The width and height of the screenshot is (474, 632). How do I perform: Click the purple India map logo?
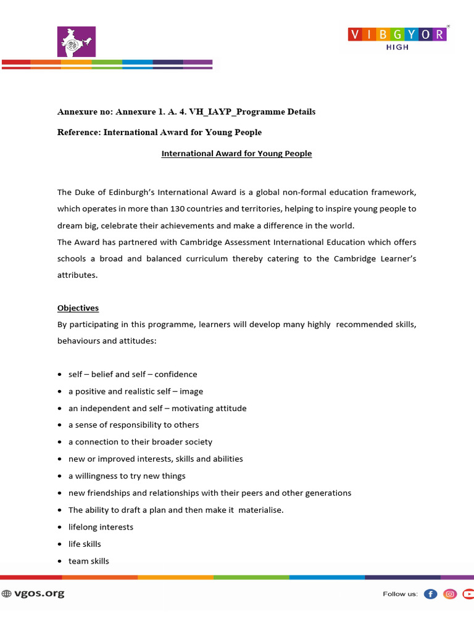(77, 42)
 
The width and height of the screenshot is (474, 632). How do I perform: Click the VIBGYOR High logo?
(397, 38)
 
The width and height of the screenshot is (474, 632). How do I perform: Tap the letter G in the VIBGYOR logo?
(397, 34)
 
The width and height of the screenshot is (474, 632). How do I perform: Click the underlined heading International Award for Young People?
(236, 154)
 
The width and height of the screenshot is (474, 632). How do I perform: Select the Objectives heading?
(78, 308)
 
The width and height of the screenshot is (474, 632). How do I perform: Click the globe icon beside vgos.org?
(7, 594)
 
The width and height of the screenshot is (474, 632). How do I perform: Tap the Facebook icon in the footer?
(431, 594)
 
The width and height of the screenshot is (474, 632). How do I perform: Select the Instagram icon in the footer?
(451, 594)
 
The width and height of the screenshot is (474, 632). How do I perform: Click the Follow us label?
(400, 594)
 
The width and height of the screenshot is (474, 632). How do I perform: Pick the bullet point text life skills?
(85, 544)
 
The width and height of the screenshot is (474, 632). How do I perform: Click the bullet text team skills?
(88, 561)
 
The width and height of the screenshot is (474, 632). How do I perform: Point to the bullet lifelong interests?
(101, 527)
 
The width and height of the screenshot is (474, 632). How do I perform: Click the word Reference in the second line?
(78, 132)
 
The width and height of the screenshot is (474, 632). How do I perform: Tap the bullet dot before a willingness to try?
(59, 476)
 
